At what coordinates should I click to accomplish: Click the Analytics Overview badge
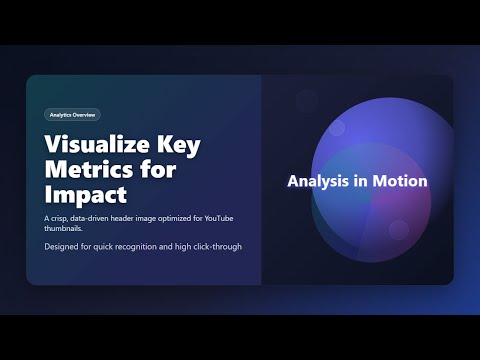(x=72, y=115)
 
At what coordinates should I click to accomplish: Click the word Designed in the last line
(x=64, y=246)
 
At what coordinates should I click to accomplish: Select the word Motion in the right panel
(x=401, y=182)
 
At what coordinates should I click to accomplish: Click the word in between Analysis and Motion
(x=365, y=182)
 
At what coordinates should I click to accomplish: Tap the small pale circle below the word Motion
(x=398, y=230)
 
